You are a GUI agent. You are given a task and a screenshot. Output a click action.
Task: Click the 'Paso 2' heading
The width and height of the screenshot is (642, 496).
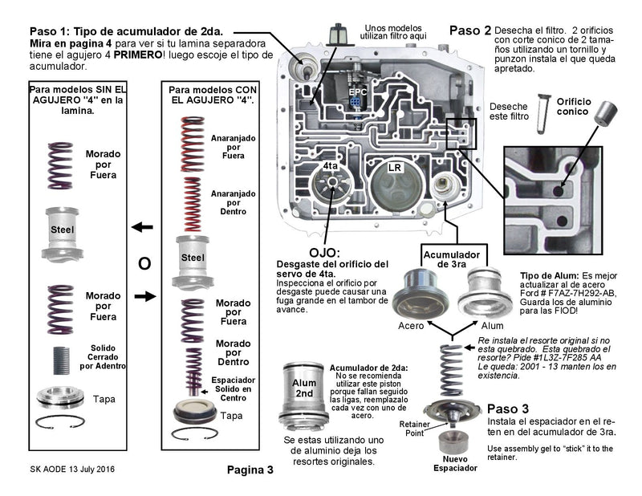[469, 30]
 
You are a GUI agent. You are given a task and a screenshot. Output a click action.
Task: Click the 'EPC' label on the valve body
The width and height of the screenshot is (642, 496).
[359, 92]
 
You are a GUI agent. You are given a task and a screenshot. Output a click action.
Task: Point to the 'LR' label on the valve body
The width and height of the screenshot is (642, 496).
[394, 169]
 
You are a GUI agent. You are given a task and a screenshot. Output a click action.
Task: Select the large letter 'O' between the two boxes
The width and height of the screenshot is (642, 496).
[144, 263]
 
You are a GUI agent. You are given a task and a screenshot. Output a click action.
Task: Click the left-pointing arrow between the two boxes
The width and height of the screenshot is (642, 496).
[143, 228]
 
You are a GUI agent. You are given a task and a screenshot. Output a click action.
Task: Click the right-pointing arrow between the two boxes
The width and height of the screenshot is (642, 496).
[143, 297]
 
